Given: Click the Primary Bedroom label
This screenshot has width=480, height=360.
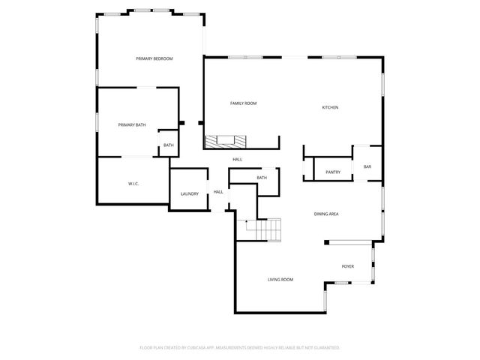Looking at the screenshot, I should [x=154, y=58].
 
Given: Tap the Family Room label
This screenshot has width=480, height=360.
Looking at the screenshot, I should [x=243, y=103].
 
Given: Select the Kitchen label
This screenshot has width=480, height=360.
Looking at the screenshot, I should [x=330, y=107].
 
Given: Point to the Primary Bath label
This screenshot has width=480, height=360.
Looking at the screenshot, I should [x=132, y=124].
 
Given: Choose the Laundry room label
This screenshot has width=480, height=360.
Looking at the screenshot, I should [x=189, y=194].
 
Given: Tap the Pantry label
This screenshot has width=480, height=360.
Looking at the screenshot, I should [x=333, y=172].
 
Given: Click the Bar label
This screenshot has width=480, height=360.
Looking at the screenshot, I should [x=367, y=166].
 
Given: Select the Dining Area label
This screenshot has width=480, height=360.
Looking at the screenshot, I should [x=326, y=214].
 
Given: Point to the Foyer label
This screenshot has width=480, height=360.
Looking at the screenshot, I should [x=348, y=266].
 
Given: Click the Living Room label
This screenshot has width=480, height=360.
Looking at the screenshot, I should [x=280, y=280].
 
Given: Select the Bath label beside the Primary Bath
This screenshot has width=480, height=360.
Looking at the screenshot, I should [x=169, y=145].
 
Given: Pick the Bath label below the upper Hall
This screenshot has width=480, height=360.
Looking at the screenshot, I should [x=262, y=178].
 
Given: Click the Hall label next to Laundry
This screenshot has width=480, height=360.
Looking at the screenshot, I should [x=218, y=192].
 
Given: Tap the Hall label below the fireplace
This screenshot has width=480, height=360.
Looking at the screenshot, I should [x=237, y=160].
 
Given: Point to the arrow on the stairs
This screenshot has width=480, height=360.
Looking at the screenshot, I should [x=247, y=223].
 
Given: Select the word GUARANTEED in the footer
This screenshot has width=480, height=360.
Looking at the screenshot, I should [x=326, y=348].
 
